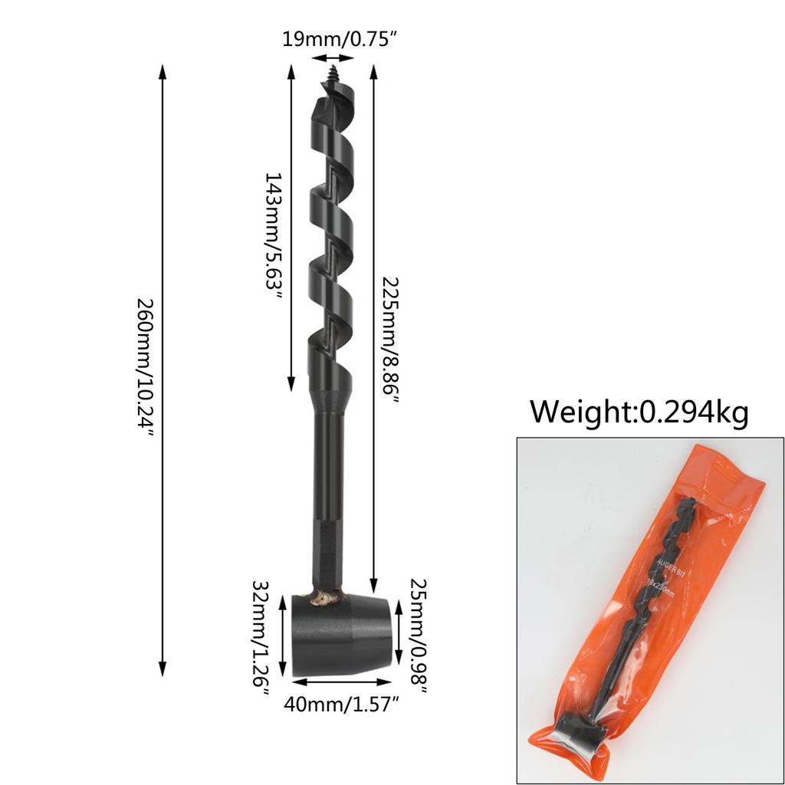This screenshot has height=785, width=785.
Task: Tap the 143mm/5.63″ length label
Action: pos(274,237)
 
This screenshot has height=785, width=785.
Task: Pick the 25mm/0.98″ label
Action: pos(419,634)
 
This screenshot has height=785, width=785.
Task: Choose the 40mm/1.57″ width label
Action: pos(343,703)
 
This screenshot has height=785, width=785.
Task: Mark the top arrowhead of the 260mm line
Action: pos(163,71)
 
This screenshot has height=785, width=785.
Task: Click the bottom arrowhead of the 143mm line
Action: pos(291,384)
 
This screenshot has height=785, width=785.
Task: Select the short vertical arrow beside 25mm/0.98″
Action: pos(399,632)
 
